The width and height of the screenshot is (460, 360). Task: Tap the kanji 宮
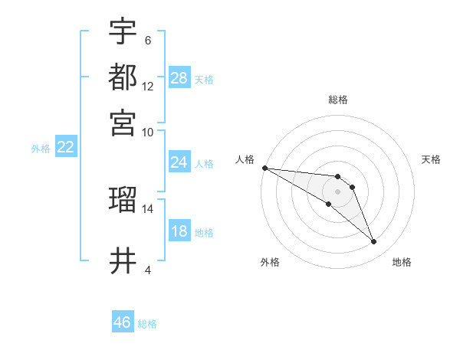(123, 122)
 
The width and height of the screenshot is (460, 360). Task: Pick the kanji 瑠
(123, 200)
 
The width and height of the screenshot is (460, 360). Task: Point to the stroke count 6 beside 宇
(147, 40)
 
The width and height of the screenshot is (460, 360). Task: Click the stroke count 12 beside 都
(148, 87)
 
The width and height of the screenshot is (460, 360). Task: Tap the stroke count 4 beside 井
(147, 270)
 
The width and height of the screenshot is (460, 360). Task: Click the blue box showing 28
(179, 78)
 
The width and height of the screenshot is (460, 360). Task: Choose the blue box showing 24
(179, 162)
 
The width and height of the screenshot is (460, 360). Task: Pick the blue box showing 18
(179, 231)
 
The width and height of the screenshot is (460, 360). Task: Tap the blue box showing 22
(65, 147)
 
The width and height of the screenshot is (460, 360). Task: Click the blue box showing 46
(122, 322)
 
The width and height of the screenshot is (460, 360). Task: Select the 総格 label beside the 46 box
(147, 324)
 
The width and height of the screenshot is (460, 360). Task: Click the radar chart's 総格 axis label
(337, 100)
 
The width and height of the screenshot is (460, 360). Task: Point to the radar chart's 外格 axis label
(270, 262)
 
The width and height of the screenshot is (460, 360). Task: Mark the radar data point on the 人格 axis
(264, 168)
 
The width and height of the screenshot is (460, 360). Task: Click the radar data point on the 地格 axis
(374, 242)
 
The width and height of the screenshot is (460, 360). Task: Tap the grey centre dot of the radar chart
(337, 191)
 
